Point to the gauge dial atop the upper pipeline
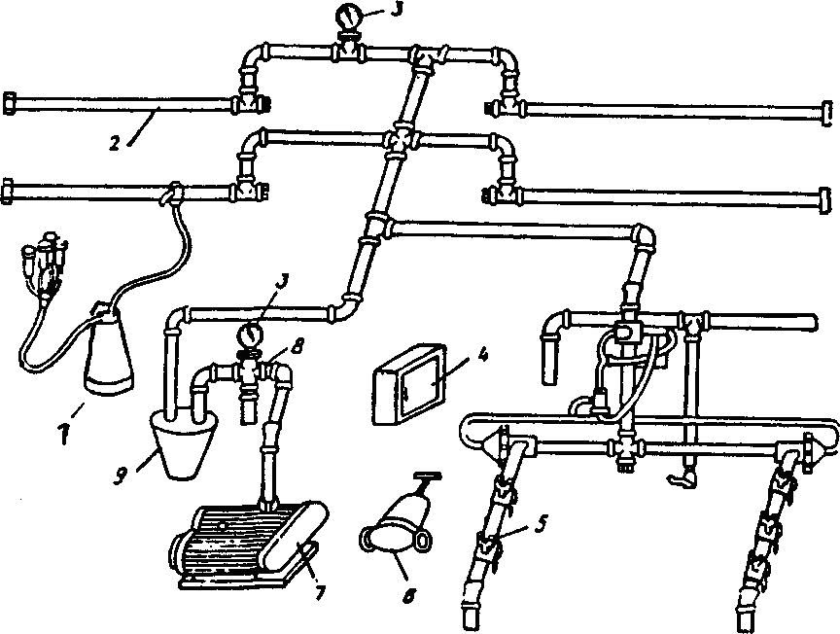pos(347,17)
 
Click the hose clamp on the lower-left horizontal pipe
pos(173,194)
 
